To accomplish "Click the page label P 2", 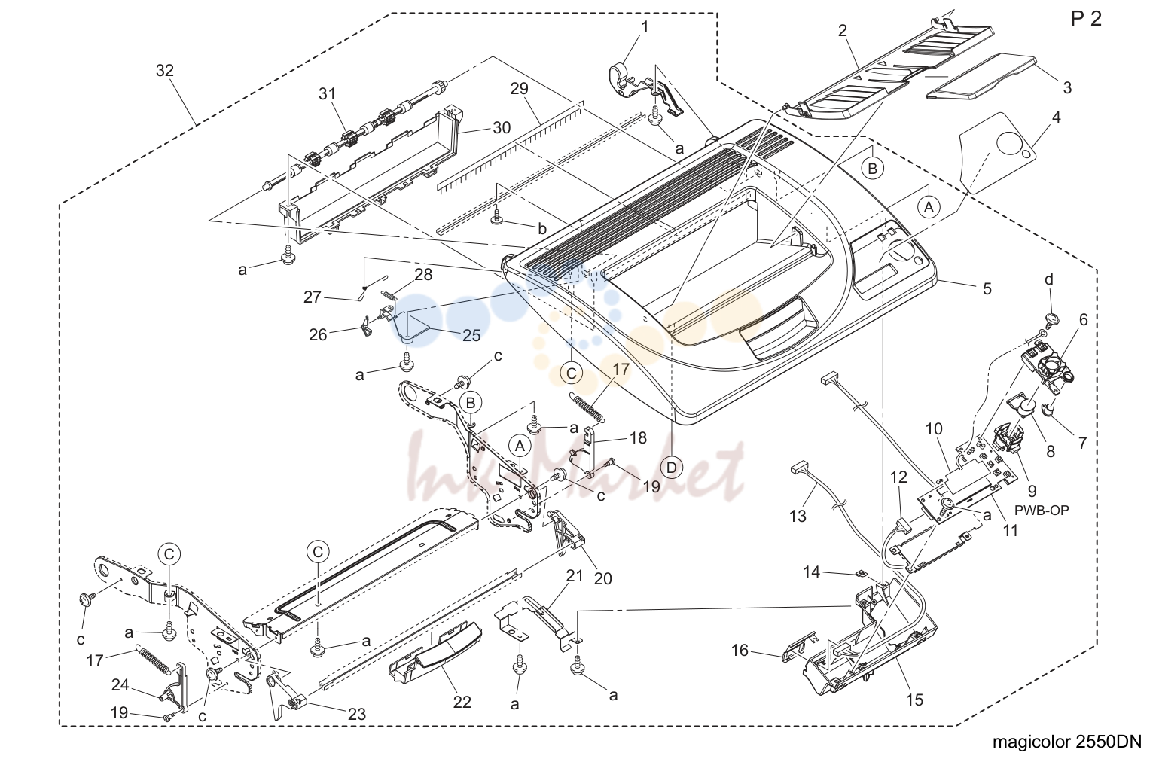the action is (1086, 19).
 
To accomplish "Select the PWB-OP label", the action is (1042, 511).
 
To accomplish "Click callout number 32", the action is (165, 71).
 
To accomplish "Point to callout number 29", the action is (519, 89).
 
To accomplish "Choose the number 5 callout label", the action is (987, 288).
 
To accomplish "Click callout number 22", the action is (462, 702).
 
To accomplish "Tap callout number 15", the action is (914, 700).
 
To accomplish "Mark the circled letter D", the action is (671, 468).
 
